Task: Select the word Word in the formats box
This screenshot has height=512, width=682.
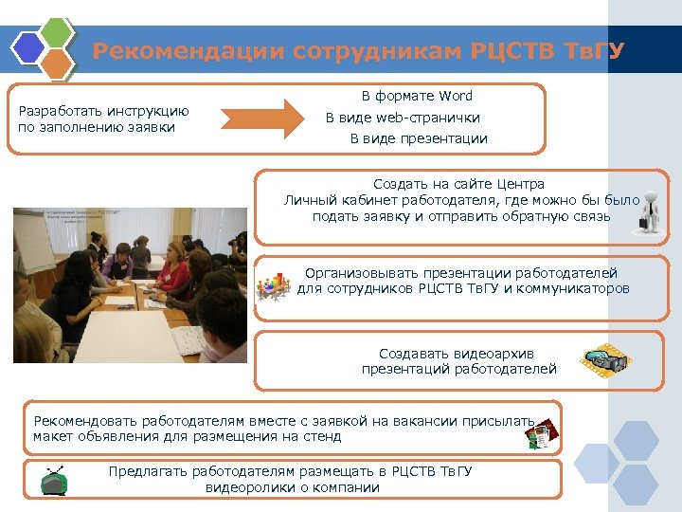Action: tap(455, 96)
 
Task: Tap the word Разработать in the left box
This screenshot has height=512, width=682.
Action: tap(60, 110)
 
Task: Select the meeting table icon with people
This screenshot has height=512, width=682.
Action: tap(274, 284)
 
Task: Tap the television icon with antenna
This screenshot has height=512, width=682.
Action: tap(54, 481)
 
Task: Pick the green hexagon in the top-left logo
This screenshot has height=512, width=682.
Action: tap(58, 33)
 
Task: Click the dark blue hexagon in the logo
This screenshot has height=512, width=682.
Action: tap(28, 46)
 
